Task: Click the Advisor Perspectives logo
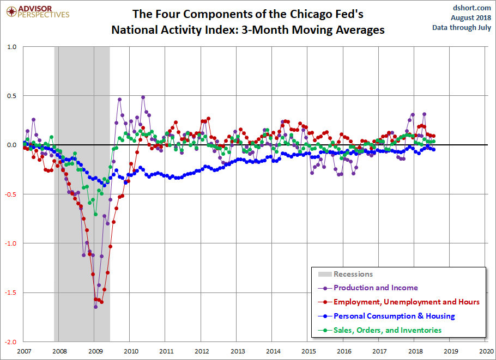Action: [x=38, y=12]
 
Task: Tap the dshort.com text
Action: [x=471, y=8]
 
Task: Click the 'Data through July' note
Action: [x=462, y=27]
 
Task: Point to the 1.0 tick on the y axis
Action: [x=11, y=47]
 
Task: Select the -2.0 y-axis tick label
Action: [x=10, y=342]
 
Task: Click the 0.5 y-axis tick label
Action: [x=11, y=96]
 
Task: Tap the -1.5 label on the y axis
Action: [x=10, y=292]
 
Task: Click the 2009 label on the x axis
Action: [x=95, y=351]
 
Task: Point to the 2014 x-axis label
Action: [x=273, y=351]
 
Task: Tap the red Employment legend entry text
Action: [x=407, y=302]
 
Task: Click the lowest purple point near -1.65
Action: [x=95, y=307]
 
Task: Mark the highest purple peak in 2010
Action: [x=143, y=97]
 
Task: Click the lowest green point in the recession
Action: [x=95, y=214]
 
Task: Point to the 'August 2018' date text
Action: [x=471, y=17]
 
